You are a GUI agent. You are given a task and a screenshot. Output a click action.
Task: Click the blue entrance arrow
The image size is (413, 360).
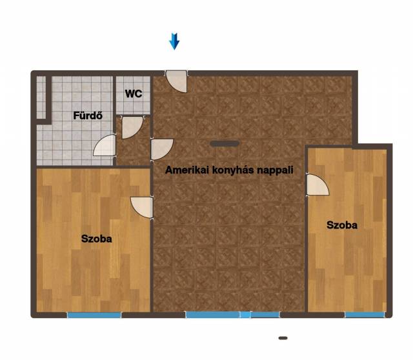click(x=174, y=41)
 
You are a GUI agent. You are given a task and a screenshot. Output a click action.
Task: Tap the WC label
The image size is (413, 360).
click(x=134, y=94)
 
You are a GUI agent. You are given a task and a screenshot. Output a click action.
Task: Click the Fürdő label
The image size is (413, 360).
click(x=88, y=115)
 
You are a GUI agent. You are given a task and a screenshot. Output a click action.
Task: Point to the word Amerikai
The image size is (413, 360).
click(x=187, y=170)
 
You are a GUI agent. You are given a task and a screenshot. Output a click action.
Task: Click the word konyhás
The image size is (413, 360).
click(x=233, y=170)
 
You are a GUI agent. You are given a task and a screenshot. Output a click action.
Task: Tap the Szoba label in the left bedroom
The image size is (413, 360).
click(x=97, y=239)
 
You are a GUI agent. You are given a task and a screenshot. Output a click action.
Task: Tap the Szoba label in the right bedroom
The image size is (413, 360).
click(x=342, y=225)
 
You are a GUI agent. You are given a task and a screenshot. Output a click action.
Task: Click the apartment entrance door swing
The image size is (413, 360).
click(x=177, y=81)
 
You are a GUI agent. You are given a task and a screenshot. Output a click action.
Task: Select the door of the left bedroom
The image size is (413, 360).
click(x=142, y=207)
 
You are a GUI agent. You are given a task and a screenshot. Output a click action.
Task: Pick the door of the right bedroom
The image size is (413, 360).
click(x=317, y=185)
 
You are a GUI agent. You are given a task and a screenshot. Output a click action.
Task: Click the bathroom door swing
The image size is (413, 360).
click(x=105, y=145)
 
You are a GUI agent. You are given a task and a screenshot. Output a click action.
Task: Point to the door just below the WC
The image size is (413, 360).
click(x=132, y=127)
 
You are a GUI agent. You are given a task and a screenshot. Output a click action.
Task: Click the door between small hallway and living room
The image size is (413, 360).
click(x=162, y=149)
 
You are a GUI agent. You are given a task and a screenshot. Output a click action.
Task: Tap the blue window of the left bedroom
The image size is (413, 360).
click(x=94, y=315)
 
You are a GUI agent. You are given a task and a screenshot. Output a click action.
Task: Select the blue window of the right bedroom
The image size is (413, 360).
click(x=365, y=314)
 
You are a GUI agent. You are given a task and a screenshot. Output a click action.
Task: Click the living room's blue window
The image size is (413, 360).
click(x=233, y=314)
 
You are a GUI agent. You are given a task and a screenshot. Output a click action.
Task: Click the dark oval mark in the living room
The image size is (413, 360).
click(x=225, y=143)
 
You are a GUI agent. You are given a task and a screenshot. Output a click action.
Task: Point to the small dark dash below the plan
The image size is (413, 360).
click(x=283, y=338)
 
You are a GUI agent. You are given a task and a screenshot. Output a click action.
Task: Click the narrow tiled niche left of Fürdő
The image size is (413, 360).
click(x=41, y=97)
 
